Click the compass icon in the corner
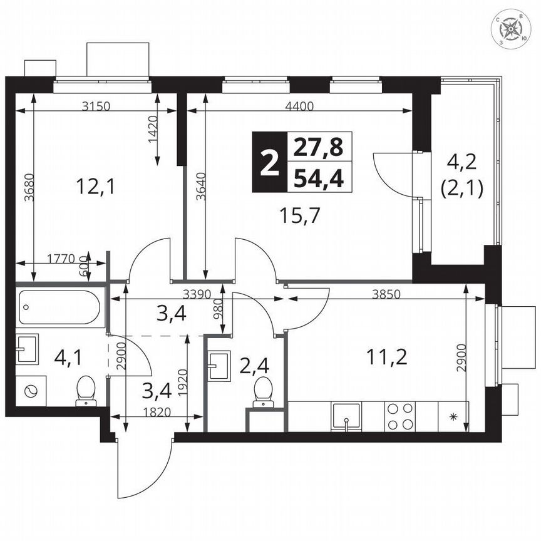(512, 29)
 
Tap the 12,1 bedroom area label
(95, 185)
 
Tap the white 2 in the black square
(269, 163)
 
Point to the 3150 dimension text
(96, 106)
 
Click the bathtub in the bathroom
(59, 307)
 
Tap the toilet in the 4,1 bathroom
(85, 391)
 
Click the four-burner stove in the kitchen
(400, 416)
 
